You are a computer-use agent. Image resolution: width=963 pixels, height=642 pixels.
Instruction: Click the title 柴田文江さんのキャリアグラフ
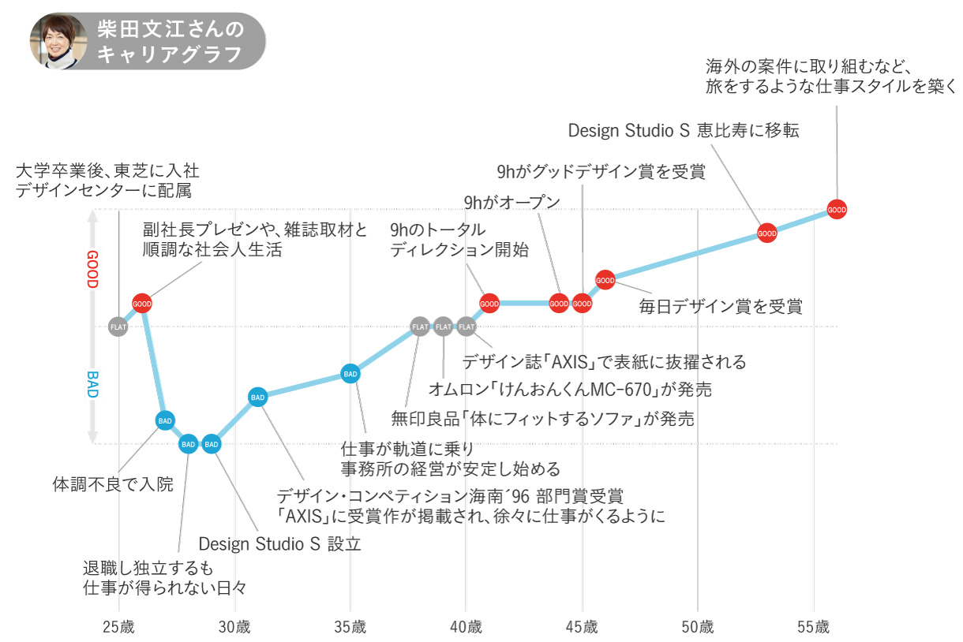click(x=170, y=41)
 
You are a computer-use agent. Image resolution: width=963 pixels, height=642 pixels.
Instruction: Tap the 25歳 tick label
click(x=118, y=628)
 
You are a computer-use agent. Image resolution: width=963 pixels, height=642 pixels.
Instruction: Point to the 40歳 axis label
click(x=466, y=628)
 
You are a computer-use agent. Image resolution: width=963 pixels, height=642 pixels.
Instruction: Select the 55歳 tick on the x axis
click(x=814, y=628)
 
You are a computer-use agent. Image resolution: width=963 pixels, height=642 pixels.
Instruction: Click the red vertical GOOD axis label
click(x=92, y=269)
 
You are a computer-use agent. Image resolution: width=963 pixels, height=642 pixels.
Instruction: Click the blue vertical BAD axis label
click(x=92, y=384)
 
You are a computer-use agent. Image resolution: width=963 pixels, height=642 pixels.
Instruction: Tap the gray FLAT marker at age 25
click(x=118, y=326)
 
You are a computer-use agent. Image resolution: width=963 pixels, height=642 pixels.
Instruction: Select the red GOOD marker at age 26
click(x=142, y=303)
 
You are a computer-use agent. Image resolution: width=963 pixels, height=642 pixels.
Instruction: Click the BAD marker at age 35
click(x=350, y=373)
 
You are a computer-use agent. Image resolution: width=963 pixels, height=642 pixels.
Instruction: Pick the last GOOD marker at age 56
click(x=837, y=210)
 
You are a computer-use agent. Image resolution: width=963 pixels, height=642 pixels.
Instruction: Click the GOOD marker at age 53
click(x=767, y=233)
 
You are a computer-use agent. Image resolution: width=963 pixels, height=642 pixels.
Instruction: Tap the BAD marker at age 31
click(x=257, y=397)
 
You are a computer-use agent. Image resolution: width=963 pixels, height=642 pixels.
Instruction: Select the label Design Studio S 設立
click(x=279, y=543)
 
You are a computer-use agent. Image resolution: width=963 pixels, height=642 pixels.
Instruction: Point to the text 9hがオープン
click(x=512, y=203)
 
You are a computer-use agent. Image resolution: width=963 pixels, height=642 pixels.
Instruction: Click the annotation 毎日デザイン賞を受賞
click(x=720, y=307)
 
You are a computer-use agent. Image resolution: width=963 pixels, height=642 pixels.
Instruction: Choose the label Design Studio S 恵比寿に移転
click(x=684, y=130)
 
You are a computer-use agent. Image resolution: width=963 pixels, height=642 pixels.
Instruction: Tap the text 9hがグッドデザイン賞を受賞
click(x=600, y=172)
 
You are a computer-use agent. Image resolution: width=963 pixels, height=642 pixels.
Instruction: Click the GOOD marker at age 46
click(x=605, y=280)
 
